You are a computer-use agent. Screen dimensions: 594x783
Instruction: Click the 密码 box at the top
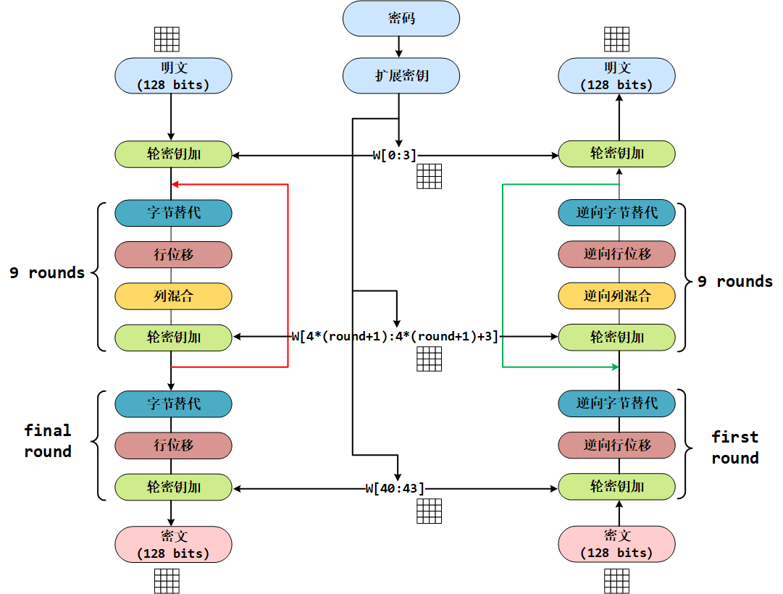pyautogui.click(x=401, y=18)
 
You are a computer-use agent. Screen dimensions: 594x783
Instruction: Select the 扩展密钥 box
pyautogui.click(x=401, y=75)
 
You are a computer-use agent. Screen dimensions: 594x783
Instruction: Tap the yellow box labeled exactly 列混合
pyautogui.click(x=173, y=296)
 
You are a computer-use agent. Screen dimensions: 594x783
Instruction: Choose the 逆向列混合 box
pyautogui.click(x=616, y=296)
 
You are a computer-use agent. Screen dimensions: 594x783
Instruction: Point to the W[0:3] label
pyautogui.click(x=395, y=154)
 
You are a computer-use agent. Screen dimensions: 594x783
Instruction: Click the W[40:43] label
pyautogui.click(x=395, y=488)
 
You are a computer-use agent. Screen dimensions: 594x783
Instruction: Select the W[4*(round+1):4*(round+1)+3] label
pyautogui.click(x=395, y=336)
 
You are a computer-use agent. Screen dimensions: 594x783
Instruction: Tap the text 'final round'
pyautogui.click(x=48, y=441)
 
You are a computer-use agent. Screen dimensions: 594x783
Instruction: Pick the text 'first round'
pyautogui.click(x=734, y=447)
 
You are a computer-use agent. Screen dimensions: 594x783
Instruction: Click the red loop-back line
pyautogui.click(x=288, y=275)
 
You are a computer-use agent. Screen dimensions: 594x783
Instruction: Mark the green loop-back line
pyautogui.click(x=503, y=275)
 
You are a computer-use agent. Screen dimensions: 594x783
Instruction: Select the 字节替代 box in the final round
pyautogui.click(x=173, y=403)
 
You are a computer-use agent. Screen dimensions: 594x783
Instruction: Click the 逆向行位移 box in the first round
pyautogui.click(x=616, y=445)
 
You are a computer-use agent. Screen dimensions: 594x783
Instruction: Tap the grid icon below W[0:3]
pyautogui.click(x=429, y=177)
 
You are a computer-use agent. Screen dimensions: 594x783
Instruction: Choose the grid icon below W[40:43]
pyautogui.click(x=429, y=511)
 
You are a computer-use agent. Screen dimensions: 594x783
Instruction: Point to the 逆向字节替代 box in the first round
pyautogui.click(x=616, y=403)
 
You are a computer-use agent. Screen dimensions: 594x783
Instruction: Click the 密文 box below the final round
pyautogui.click(x=173, y=544)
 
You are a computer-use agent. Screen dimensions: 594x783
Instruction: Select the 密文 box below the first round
pyautogui.click(x=616, y=544)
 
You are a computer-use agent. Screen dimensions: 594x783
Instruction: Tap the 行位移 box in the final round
pyautogui.click(x=173, y=445)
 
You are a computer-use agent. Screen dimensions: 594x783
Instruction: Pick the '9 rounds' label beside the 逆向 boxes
pyautogui.click(x=734, y=282)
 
